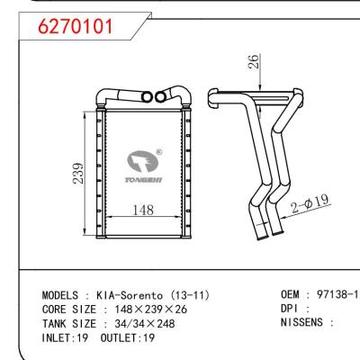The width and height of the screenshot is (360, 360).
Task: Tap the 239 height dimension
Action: click(x=78, y=173)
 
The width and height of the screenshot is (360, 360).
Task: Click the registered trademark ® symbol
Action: click(x=159, y=153)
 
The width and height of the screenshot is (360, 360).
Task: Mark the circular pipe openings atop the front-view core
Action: click(x=154, y=96)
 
